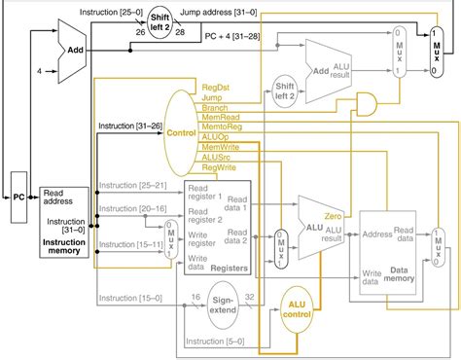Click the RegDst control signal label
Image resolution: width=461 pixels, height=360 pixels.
pos(215,89)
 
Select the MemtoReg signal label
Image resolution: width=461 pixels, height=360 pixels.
pos(221,127)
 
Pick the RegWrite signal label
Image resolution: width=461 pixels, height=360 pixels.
pos(219,166)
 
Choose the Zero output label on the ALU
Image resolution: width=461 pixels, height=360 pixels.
pos(333,215)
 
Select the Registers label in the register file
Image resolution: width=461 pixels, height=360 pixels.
pos(226,266)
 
